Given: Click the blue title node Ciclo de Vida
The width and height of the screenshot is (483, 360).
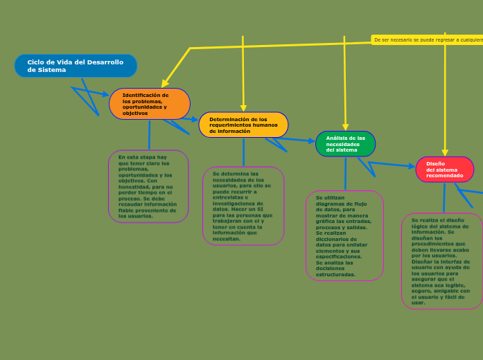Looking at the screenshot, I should click(x=76, y=66).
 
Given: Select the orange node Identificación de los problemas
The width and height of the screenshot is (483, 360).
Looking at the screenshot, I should click(x=150, y=104).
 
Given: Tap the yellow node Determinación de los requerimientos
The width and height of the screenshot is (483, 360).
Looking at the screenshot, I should click(x=243, y=125).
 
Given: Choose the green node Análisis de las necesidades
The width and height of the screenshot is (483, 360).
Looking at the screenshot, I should click(x=345, y=144).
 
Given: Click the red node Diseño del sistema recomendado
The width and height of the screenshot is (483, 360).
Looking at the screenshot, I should click(x=444, y=170).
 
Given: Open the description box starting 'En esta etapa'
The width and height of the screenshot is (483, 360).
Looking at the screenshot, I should click(x=148, y=186).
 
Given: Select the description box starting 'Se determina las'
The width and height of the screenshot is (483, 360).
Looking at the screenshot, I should click(x=243, y=206).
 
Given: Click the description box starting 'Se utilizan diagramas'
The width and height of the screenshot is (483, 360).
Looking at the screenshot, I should click(x=344, y=235).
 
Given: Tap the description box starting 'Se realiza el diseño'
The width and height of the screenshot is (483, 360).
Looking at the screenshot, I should click(x=441, y=260).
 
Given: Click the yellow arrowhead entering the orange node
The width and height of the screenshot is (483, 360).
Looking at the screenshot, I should click(x=165, y=83).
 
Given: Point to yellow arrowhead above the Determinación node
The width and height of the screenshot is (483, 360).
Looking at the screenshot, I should click(x=243, y=107).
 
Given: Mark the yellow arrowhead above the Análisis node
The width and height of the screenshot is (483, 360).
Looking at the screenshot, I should click(x=344, y=126).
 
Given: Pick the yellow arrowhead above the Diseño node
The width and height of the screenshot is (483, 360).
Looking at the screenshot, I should click(x=445, y=152).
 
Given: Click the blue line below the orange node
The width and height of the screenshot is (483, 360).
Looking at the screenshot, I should click(x=149, y=135).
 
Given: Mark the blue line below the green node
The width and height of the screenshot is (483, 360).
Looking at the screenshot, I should click(x=345, y=174).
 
